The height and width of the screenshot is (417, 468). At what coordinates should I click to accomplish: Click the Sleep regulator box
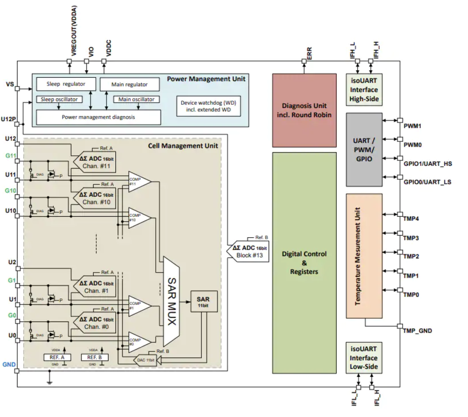(x=66, y=84)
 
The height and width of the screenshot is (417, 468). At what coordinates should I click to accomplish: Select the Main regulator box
(x=129, y=84)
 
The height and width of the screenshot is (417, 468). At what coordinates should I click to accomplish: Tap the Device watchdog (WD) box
(x=208, y=106)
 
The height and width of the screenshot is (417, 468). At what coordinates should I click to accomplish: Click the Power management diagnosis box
(x=98, y=117)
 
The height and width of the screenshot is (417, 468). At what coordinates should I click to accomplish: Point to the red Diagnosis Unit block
(x=304, y=110)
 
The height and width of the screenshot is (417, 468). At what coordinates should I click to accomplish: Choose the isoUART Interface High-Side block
(x=364, y=90)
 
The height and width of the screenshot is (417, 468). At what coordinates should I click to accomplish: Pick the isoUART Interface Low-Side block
(x=363, y=358)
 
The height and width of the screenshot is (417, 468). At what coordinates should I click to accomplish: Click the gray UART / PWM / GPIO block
(x=364, y=150)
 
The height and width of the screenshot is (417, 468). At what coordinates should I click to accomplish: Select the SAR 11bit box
(x=203, y=302)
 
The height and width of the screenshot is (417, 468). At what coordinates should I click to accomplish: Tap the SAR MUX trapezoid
(x=171, y=301)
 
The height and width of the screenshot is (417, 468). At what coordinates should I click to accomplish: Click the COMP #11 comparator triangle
(x=139, y=182)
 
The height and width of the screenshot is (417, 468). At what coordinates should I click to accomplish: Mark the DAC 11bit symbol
(x=145, y=360)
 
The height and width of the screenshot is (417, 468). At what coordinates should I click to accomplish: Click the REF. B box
(x=94, y=357)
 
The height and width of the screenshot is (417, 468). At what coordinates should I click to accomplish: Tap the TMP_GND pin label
(x=417, y=331)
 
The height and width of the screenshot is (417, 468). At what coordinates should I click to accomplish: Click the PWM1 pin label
(x=412, y=126)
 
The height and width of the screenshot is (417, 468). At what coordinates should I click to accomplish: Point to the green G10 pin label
(x=10, y=191)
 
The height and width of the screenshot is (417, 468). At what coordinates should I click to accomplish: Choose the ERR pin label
(x=309, y=53)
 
